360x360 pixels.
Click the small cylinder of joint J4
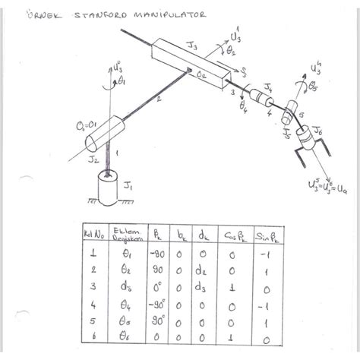pyautogui.click(x=264, y=99)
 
